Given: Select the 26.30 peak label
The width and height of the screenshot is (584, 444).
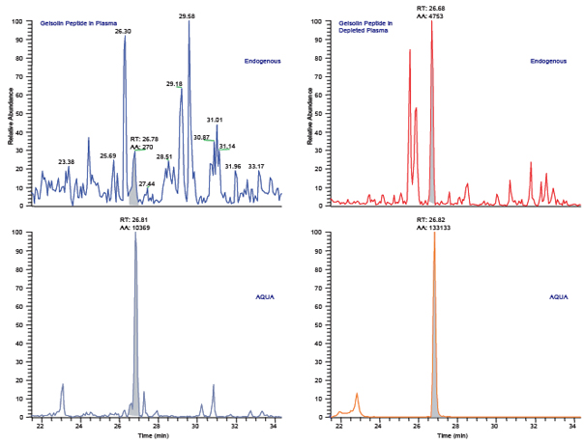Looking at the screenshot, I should pyautogui.click(x=123, y=32).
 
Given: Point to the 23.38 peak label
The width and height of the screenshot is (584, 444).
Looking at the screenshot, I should pyautogui.click(x=66, y=161).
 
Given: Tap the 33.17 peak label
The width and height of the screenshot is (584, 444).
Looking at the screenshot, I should pyautogui.click(x=256, y=166).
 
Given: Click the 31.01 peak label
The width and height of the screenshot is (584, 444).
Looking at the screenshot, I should pyautogui.click(x=215, y=120).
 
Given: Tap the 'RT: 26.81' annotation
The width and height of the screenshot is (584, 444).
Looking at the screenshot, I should pyautogui.click(x=133, y=219).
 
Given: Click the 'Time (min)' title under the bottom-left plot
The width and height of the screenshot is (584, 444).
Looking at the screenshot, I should pyautogui.click(x=157, y=436).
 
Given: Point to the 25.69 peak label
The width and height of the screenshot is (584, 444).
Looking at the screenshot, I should pyautogui.click(x=108, y=155).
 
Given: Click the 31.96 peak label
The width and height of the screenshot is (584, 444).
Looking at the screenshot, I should pyautogui.click(x=232, y=166).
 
